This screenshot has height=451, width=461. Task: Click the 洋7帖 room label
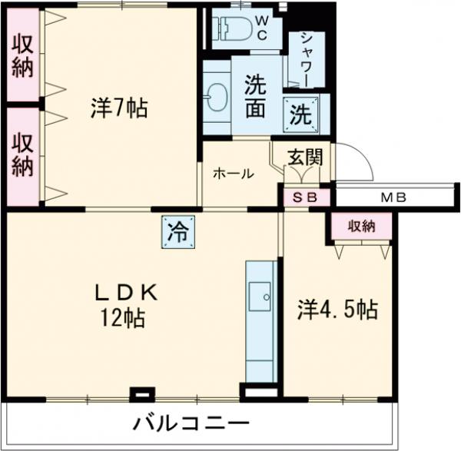(x=119, y=109)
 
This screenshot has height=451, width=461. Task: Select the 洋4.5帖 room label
(x=337, y=310)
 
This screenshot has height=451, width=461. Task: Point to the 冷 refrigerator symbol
(x=177, y=231)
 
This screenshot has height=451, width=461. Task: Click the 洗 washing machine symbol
(x=300, y=114)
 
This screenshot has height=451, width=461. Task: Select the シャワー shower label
(x=306, y=59)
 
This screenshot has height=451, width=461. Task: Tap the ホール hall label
(x=233, y=174)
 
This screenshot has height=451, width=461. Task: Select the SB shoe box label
(x=307, y=197)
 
